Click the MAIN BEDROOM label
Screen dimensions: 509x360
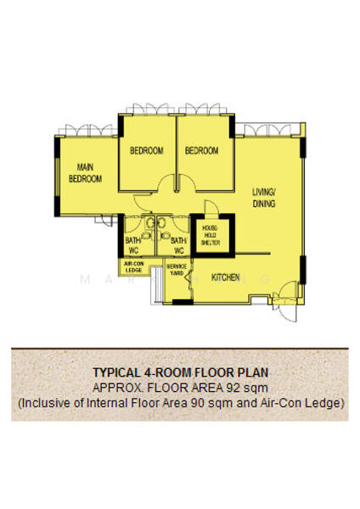(x=85, y=173)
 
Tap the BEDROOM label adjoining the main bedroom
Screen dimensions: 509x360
(x=146, y=151)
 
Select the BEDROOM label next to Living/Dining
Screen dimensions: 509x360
(x=202, y=151)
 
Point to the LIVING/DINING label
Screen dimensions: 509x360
(x=264, y=198)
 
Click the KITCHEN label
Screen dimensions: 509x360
(x=225, y=277)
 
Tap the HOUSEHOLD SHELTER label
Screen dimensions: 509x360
(x=211, y=235)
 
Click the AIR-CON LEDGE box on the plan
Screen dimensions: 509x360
(x=135, y=267)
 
